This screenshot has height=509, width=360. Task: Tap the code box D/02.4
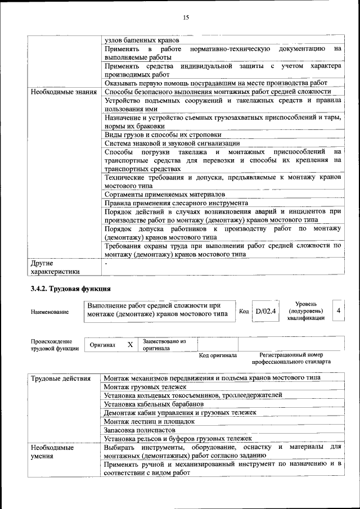pos(265,311)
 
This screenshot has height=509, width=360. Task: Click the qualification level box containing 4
pos(337,310)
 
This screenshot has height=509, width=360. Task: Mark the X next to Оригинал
pos(130,344)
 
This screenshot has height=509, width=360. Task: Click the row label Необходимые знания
pos(65,92)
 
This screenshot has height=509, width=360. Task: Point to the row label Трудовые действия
pos(61,379)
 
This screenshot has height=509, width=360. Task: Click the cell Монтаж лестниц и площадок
pos(149,421)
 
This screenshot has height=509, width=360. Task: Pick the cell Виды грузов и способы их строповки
pos(163,135)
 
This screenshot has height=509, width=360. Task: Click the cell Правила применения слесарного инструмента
pos(176,203)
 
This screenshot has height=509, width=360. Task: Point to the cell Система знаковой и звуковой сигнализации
pos(172,143)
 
